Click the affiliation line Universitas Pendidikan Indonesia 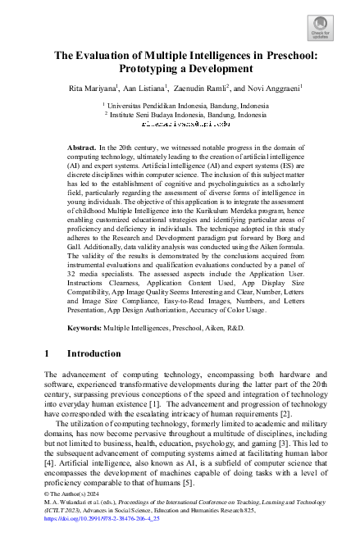pos(180,106)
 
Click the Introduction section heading pos(93,353)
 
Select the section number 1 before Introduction pos(47,353)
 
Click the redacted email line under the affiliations pos(180,125)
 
